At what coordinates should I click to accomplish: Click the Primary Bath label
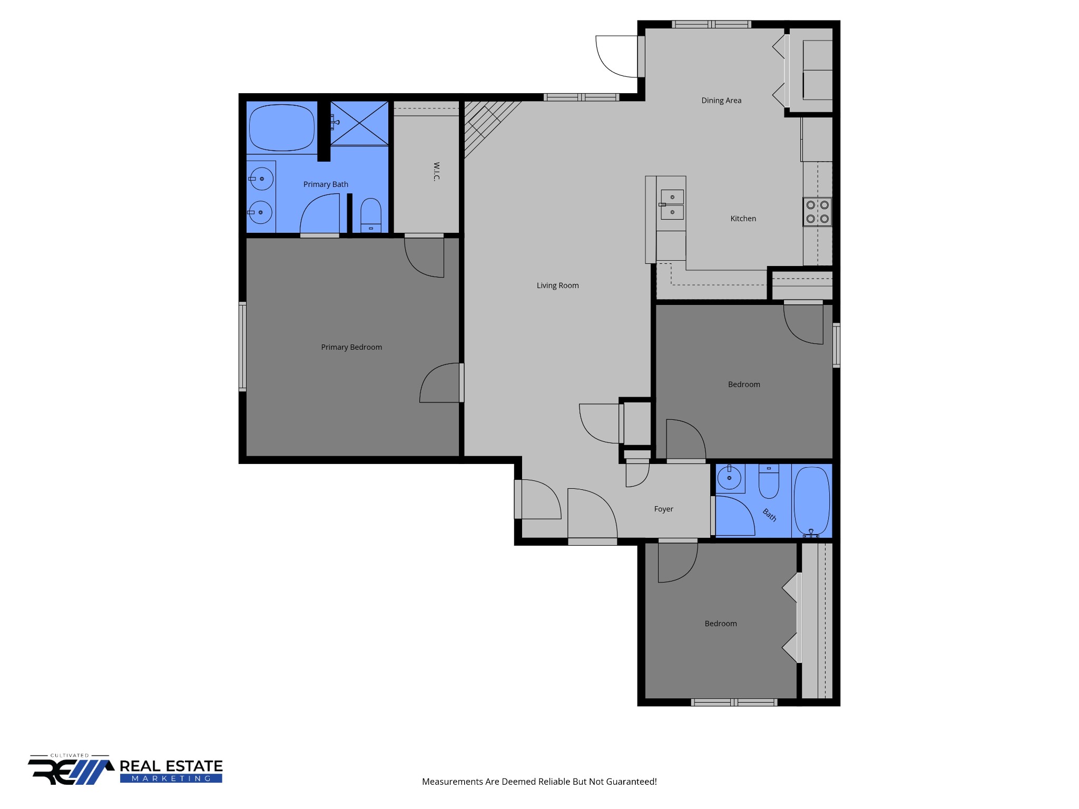(x=326, y=184)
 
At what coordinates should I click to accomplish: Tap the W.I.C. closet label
(x=436, y=171)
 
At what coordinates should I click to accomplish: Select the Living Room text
(x=557, y=285)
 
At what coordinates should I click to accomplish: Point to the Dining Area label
(x=721, y=101)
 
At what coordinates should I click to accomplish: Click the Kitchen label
(x=743, y=219)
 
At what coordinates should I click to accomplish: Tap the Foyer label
(x=663, y=509)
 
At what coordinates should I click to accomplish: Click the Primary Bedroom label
(x=351, y=347)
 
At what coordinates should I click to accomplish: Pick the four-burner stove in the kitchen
(x=817, y=212)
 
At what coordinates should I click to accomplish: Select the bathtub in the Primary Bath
(x=281, y=127)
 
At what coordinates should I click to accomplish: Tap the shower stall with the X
(x=359, y=123)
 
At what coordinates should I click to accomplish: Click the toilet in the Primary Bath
(x=370, y=215)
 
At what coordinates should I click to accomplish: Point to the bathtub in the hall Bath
(x=811, y=500)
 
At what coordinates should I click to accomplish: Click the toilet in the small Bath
(x=769, y=481)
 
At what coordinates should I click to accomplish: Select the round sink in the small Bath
(x=729, y=478)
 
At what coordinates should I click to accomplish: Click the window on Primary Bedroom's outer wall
(x=242, y=347)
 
